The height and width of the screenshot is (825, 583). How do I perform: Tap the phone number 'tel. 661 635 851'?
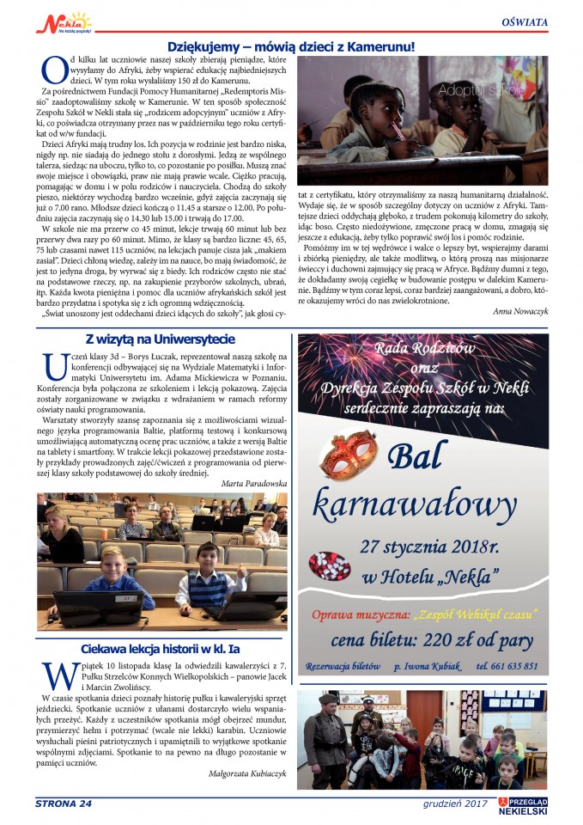507,666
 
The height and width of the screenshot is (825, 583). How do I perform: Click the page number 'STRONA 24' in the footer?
64,804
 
